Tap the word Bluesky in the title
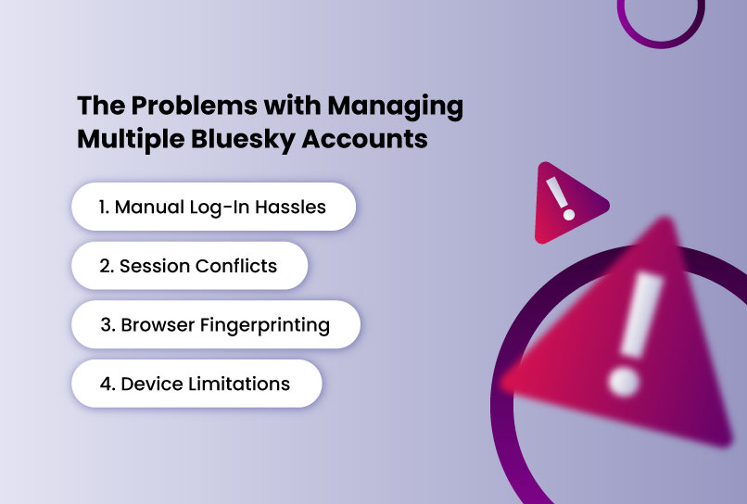(x=243, y=140)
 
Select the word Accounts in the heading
(x=364, y=139)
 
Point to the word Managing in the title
(x=396, y=107)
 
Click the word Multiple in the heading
(x=131, y=140)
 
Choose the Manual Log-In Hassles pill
(x=213, y=207)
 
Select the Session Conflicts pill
(x=190, y=266)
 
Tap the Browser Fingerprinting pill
(x=216, y=324)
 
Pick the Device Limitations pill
(x=196, y=384)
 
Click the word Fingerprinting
(x=265, y=326)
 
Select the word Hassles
(x=290, y=208)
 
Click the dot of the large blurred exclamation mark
(x=623, y=382)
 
